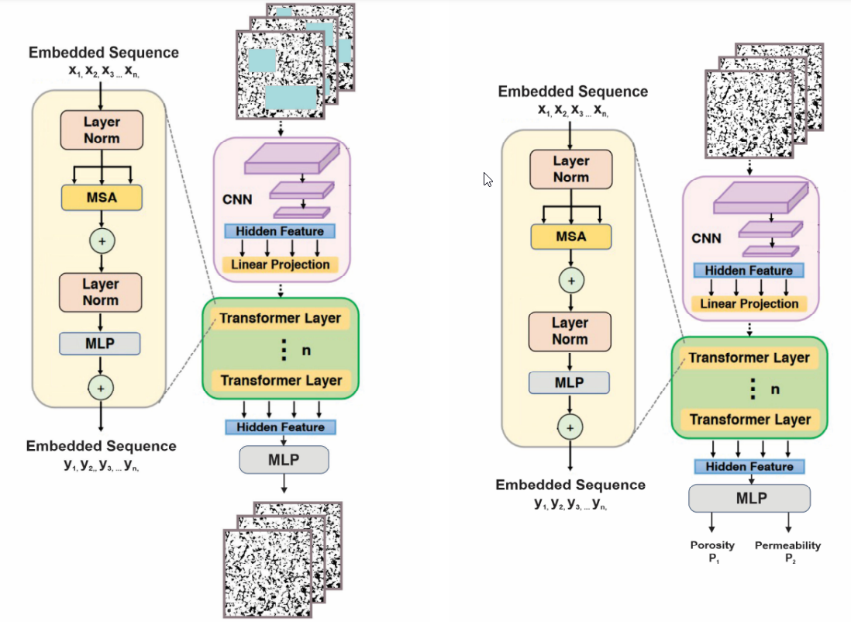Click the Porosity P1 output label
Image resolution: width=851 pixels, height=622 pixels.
(712, 551)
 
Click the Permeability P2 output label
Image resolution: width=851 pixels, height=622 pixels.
(787, 551)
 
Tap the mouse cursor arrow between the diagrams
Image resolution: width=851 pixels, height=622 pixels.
(488, 180)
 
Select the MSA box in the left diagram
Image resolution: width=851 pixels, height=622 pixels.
(102, 198)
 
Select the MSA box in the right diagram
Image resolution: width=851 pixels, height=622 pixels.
(571, 237)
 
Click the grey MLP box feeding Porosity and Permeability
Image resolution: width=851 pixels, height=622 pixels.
(749, 498)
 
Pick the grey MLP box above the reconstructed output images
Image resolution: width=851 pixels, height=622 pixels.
(284, 459)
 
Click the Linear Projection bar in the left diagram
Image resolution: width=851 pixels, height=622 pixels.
(281, 264)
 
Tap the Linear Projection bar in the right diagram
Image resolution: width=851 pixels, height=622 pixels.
(749, 303)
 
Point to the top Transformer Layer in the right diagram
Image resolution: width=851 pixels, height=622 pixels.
(749, 358)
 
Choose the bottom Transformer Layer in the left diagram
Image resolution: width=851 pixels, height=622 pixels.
(280, 381)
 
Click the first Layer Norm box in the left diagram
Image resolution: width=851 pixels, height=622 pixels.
(102, 130)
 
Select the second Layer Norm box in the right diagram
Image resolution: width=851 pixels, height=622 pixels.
(570, 331)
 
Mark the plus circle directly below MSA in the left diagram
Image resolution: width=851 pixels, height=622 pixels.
(102, 241)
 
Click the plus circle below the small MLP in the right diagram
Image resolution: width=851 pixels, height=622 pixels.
(570, 427)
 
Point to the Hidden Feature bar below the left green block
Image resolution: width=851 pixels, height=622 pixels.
(280, 427)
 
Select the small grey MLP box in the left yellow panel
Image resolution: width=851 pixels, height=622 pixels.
(101, 343)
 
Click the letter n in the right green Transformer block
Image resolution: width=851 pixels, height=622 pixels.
(774, 389)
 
